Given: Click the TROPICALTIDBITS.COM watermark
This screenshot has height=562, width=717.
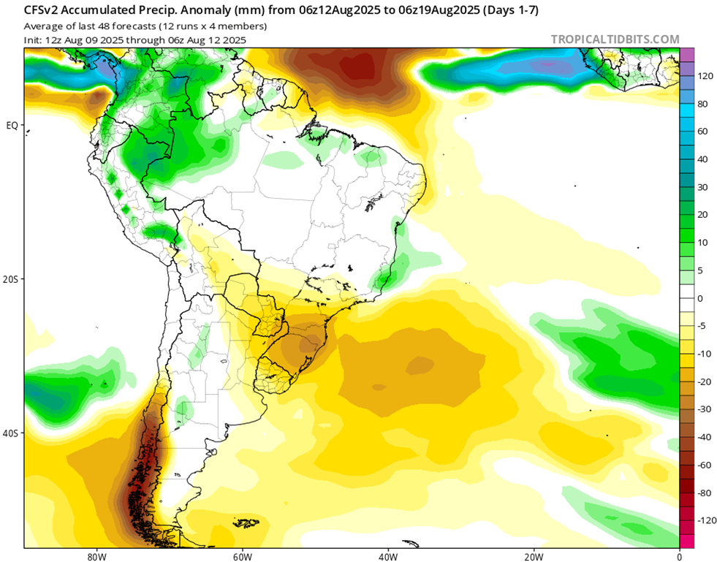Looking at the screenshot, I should point(615,39).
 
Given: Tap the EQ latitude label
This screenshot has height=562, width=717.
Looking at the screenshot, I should point(12,125).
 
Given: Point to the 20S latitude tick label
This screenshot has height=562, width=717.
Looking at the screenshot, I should point(12,279).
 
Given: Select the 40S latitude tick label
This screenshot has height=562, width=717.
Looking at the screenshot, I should point(12,433).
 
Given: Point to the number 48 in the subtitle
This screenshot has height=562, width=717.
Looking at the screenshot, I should point(94,26).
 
